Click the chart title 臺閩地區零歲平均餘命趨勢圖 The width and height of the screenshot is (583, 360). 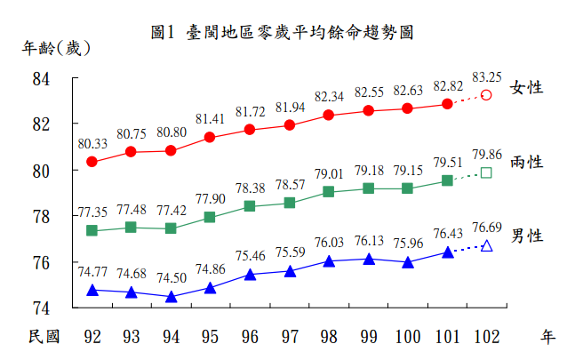tap(282, 33)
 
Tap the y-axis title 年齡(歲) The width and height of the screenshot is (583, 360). tap(56, 49)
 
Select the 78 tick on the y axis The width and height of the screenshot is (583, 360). tap(65, 216)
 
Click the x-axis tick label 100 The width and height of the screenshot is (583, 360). tap(407, 336)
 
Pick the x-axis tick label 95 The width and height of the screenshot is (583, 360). tap(210, 336)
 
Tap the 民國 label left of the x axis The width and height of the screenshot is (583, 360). tap(44, 336)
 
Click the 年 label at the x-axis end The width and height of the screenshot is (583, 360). tap(547, 336)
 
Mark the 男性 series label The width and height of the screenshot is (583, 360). tap(526, 236)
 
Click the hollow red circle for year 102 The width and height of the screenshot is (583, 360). tap(486, 95)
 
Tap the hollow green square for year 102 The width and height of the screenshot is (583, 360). tap(486, 172)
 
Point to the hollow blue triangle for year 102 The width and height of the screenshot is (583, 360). tap(486, 245)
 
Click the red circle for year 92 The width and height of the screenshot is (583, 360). tap(92, 162)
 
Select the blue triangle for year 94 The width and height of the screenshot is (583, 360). tap(171, 297)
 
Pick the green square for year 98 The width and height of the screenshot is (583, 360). tap(328, 192)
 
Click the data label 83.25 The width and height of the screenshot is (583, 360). tap(487, 76)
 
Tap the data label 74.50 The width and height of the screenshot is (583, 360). tap(171, 277)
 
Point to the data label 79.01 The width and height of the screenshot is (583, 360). tap(329, 173)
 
